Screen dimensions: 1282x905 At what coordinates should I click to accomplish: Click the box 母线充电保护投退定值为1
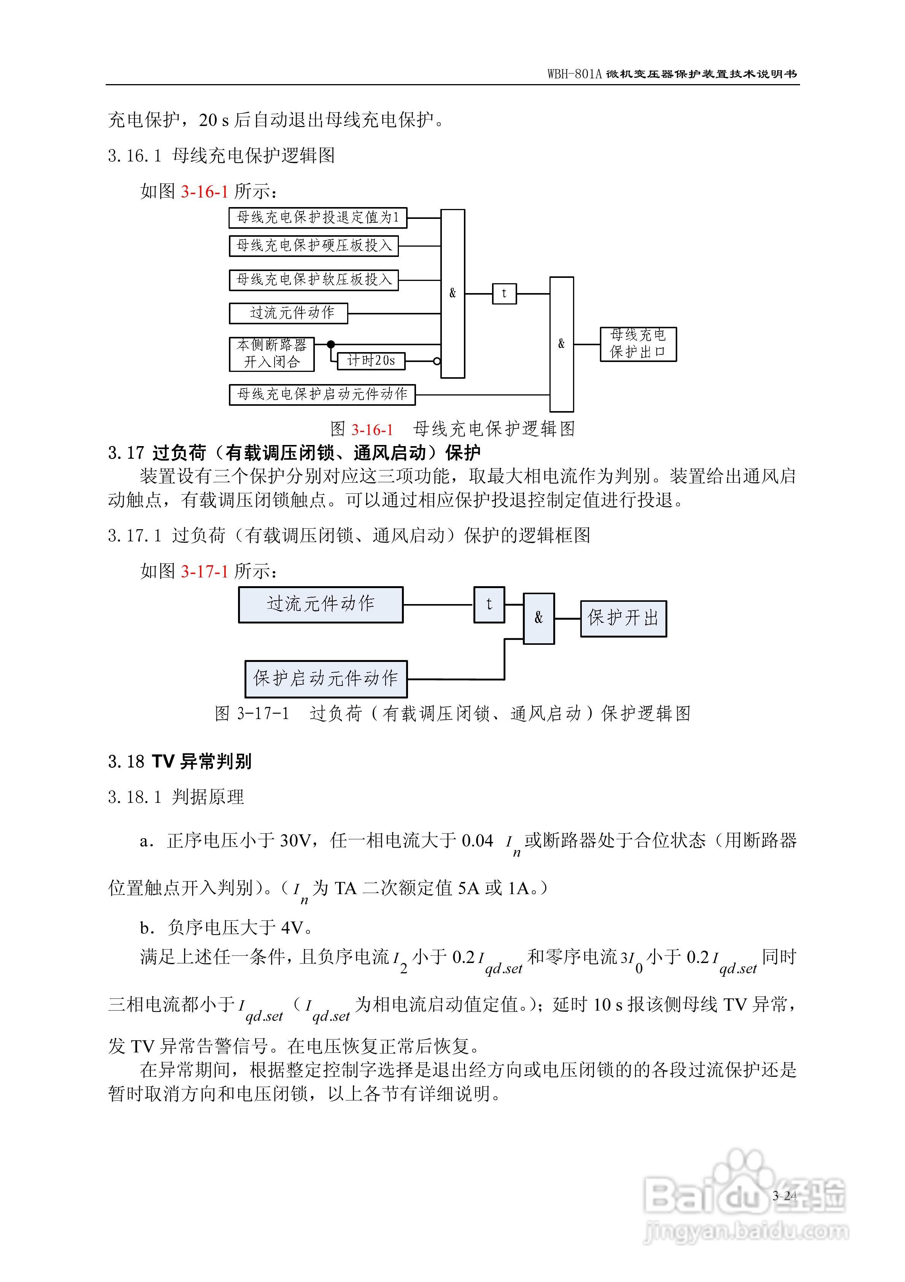pyautogui.click(x=318, y=218)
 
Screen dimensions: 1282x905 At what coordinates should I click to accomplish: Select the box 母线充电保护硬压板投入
pyautogui.click(x=314, y=246)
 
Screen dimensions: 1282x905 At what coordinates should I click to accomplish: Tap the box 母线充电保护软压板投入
pyautogui.click(x=314, y=280)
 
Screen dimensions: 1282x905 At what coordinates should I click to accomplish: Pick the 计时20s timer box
pyautogui.click(x=371, y=361)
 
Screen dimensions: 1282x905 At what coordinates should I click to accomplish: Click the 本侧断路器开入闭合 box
pyautogui.click(x=272, y=354)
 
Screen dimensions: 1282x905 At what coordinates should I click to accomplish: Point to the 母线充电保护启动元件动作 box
pyautogui.click(x=322, y=394)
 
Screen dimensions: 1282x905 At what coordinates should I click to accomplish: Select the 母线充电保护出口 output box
pyautogui.click(x=638, y=344)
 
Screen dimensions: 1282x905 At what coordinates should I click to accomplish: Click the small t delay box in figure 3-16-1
pyautogui.click(x=504, y=294)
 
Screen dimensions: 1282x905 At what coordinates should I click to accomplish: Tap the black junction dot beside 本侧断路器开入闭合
pyautogui.click(x=331, y=344)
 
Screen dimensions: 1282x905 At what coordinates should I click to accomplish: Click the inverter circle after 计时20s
pyautogui.click(x=437, y=361)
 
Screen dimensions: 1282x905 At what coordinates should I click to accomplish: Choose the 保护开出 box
pyautogui.click(x=623, y=618)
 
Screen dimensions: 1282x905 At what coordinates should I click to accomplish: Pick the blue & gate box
pyautogui.click(x=538, y=618)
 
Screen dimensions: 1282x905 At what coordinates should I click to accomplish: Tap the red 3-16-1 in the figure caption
pyautogui.click(x=372, y=430)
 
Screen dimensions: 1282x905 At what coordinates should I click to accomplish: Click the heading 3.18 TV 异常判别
pyautogui.click(x=179, y=761)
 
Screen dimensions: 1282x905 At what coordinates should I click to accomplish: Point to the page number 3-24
pyautogui.click(x=784, y=1196)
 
